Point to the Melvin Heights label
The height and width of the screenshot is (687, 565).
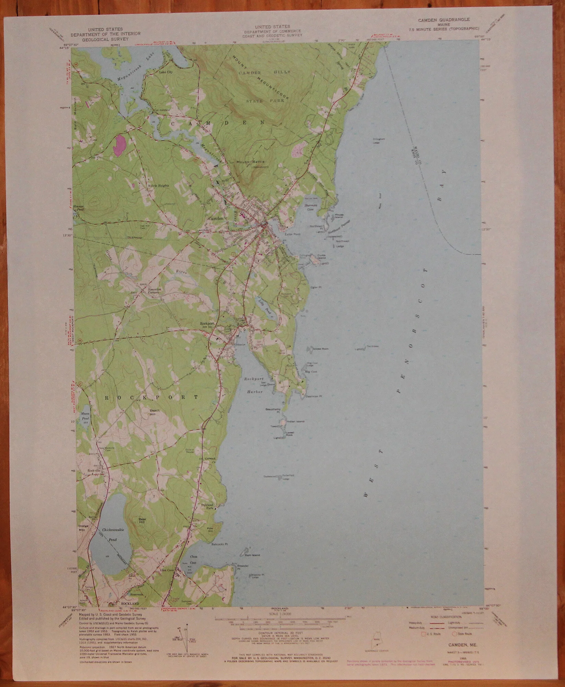click(x=159, y=185)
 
